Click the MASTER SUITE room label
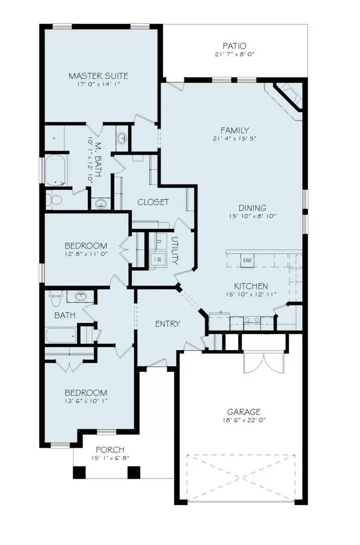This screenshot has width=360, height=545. [x=98, y=76]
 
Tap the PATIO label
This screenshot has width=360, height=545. [x=233, y=46]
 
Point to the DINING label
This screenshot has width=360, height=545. [x=252, y=208]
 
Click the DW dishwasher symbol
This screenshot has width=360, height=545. [x=247, y=260]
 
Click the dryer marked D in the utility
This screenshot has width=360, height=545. [x=159, y=242]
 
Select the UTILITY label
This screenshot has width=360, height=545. [x=175, y=251]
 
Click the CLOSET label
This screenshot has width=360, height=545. [x=153, y=202]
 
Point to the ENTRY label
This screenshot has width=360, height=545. [x=167, y=323]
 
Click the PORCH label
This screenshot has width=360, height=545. [x=110, y=450]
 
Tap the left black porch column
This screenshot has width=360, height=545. [x=79, y=472]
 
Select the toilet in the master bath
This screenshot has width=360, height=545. [x=55, y=199]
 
